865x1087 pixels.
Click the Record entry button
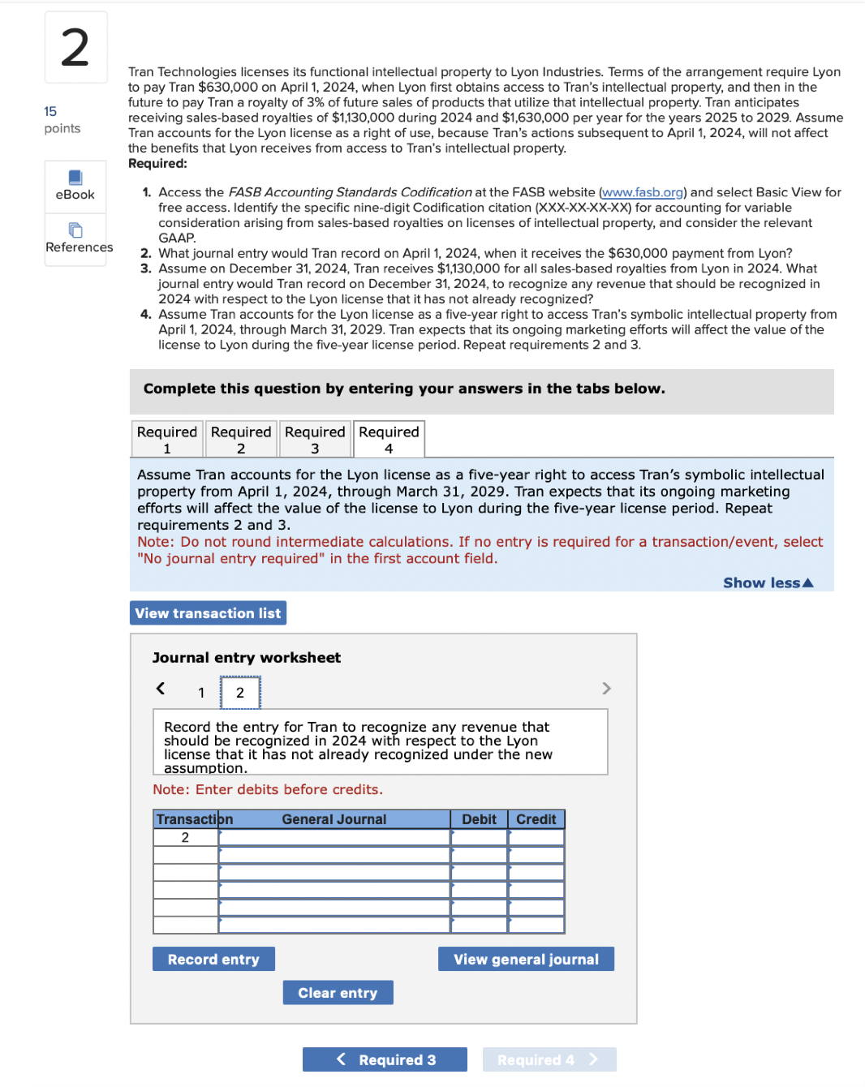click(x=213, y=959)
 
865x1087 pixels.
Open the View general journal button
click(x=526, y=959)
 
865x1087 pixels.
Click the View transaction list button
click(x=208, y=613)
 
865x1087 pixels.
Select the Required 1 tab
click(x=167, y=439)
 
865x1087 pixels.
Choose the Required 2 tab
click(x=241, y=439)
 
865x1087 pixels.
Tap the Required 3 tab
click(x=315, y=439)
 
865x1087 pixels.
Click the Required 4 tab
click(x=389, y=439)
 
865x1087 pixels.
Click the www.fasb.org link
click(x=643, y=192)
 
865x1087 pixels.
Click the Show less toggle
click(x=767, y=582)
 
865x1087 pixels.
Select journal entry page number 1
click(x=201, y=693)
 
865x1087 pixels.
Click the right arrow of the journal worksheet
click(x=606, y=689)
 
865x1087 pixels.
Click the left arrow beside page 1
click(x=161, y=689)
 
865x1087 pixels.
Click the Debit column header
click(x=479, y=819)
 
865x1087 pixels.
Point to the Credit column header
click(x=536, y=819)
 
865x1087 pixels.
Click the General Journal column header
click(x=334, y=819)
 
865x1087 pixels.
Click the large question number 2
click(x=75, y=48)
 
